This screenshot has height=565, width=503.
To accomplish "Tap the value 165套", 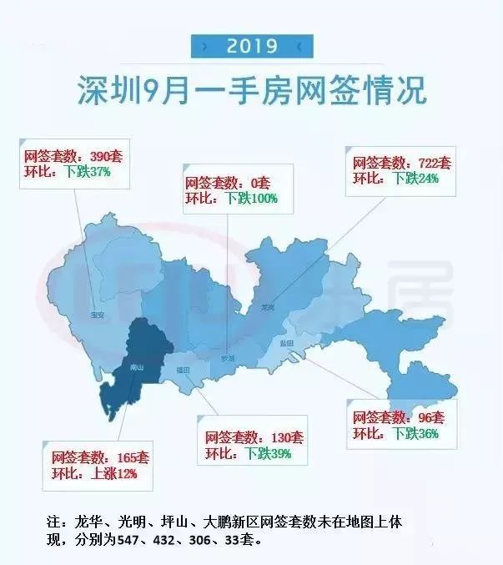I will (x=132, y=458).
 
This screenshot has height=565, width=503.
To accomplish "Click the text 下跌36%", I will (x=415, y=433).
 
